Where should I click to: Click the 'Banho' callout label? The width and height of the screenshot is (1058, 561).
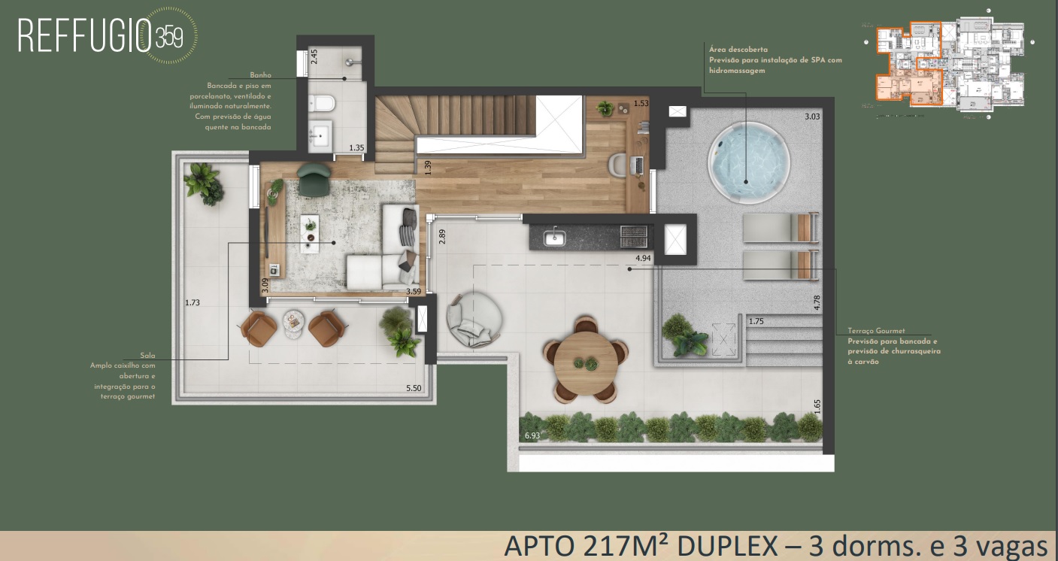(x=260, y=75)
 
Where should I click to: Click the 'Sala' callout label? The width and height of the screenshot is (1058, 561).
(x=147, y=355)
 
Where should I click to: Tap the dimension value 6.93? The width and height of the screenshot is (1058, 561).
(x=532, y=435)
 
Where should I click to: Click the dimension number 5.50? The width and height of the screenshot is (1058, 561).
(x=414, y=388)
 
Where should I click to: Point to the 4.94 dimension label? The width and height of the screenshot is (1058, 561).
(x=643, y=258)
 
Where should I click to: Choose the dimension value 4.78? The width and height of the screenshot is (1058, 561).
(x=817, y=303)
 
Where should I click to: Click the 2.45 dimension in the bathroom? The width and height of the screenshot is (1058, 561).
(x=315, y=57)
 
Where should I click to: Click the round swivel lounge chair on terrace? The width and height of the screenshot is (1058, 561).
(x=471, y=320)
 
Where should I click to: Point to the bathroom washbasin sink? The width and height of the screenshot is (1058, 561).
(x=321, y=136)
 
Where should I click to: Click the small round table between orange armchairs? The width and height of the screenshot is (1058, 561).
(x=293, y=322)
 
